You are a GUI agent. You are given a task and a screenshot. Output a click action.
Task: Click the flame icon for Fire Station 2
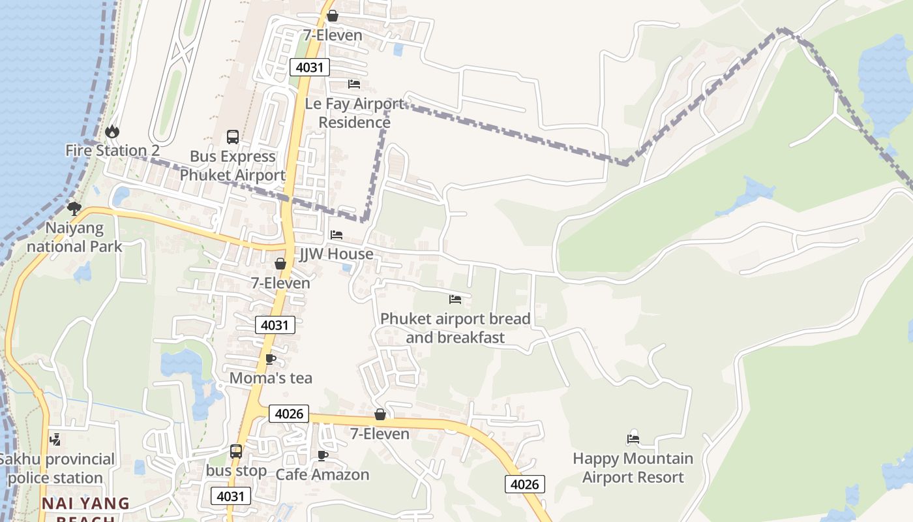(112, 132)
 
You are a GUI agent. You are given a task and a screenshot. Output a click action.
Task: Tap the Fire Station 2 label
(112, 151)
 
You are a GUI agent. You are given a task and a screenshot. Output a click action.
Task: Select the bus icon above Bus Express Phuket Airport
(233, 137)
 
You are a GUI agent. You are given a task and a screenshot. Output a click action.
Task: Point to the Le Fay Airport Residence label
(355, 113)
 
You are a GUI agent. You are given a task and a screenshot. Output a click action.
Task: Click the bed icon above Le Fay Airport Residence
(354, 84)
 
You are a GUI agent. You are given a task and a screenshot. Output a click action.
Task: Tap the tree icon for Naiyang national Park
(74, 209)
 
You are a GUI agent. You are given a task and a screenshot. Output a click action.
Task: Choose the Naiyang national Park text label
(74, 238)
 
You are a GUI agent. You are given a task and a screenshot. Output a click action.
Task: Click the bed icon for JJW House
(337, 235)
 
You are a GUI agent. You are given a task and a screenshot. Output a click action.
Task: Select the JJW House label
(337, 254)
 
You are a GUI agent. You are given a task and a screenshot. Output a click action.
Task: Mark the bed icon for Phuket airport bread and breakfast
(455, 299)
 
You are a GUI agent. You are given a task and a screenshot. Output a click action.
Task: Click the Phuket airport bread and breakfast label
(455, 328)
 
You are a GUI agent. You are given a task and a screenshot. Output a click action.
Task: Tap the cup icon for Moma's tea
(271, 359)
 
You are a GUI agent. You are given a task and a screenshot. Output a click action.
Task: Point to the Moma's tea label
(271, 378)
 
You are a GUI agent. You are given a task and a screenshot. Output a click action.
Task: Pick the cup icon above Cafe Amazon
(322, 455)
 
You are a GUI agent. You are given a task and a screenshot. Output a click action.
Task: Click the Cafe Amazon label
(322, 474)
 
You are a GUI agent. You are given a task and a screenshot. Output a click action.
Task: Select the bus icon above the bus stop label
(236, 452)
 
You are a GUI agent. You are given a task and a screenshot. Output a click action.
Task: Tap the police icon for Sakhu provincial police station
(56, 440)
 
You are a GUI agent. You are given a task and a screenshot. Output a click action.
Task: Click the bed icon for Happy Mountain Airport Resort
(633, 439)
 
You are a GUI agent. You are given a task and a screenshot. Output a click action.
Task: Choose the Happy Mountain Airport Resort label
(633, 468)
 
